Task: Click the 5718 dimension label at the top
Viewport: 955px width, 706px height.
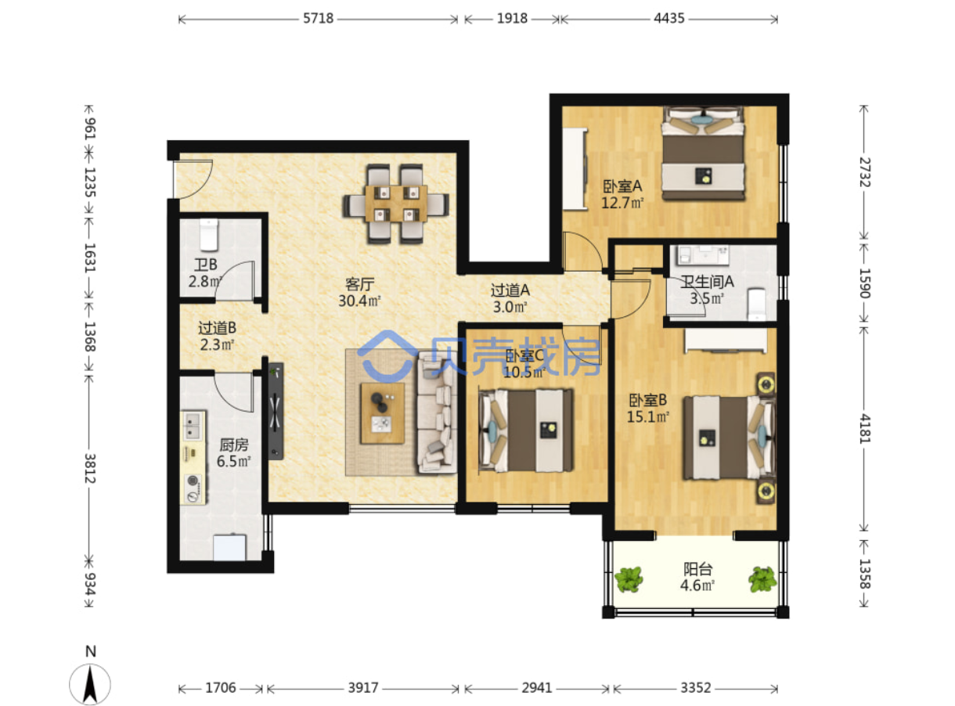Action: coord(318,19)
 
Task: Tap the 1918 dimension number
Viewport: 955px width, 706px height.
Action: coord(512,19)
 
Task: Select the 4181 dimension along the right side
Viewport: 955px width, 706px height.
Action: coord(864,429)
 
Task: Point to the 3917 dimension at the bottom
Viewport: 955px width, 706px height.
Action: coord(363,688)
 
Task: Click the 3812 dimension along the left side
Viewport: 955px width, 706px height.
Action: coord(89,468)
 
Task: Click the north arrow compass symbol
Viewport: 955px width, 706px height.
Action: coord(90,684)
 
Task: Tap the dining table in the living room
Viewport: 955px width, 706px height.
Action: coord(395,204)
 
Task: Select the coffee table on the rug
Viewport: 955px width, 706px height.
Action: coord(382,412)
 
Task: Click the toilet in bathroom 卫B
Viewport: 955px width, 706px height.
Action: coord(209,235)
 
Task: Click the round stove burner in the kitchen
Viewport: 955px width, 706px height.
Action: coord(193,481)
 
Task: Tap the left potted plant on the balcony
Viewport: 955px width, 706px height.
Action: coord(629,579)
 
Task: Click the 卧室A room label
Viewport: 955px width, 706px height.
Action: coord(622,186)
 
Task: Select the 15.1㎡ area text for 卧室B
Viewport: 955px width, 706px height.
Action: coord(647,416)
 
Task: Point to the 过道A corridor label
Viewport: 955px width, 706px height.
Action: coord(510,290)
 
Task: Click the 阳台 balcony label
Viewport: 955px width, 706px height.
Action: coord(698,569)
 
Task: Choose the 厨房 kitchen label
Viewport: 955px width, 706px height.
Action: coord(234,445)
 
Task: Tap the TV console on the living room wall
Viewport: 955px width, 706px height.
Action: coord(276,411)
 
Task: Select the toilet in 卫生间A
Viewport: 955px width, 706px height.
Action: coord(756,304)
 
